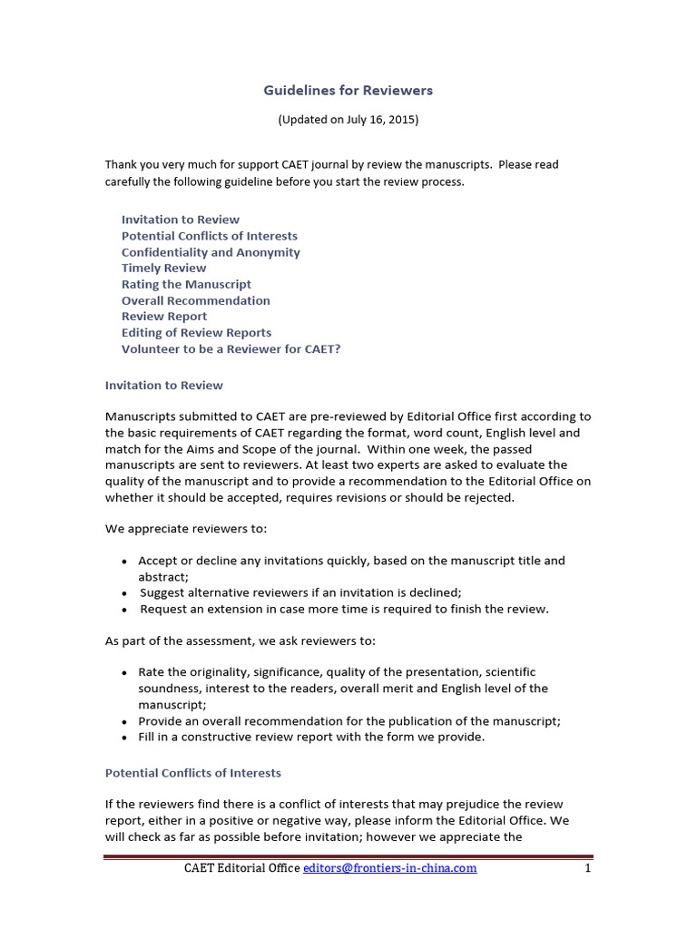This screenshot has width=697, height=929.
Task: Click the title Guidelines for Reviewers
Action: coord(348,90)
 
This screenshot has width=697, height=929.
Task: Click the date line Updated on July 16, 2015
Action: coord(348,119)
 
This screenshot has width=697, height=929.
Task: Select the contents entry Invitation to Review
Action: coord(181,220)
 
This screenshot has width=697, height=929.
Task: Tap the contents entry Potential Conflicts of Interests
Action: coord(211,236)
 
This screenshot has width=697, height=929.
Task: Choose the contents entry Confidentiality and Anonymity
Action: coord(211,252)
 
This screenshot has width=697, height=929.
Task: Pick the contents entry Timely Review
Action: coord(163,269)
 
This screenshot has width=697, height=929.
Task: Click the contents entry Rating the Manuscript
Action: coord(186,284)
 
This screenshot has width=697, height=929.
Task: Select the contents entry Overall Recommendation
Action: coord(196,300)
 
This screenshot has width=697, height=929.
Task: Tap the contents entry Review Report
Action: coord(164,317)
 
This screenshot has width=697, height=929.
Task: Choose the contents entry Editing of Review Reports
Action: coord(196,333)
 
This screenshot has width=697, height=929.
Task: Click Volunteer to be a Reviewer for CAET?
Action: coord(231,349)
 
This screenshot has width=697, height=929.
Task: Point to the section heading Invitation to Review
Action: coord(163,386)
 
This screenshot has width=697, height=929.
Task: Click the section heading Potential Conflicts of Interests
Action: coord(193,773)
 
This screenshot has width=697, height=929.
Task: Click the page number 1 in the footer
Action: coord(588,868)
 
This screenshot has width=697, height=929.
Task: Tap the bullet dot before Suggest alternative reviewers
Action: coord(124,593)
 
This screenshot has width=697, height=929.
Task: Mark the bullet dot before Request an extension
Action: coord(124,610)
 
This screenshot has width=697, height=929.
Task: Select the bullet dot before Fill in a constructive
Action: coord(124,738)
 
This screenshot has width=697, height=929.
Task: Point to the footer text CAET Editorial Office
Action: coord(241,868)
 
